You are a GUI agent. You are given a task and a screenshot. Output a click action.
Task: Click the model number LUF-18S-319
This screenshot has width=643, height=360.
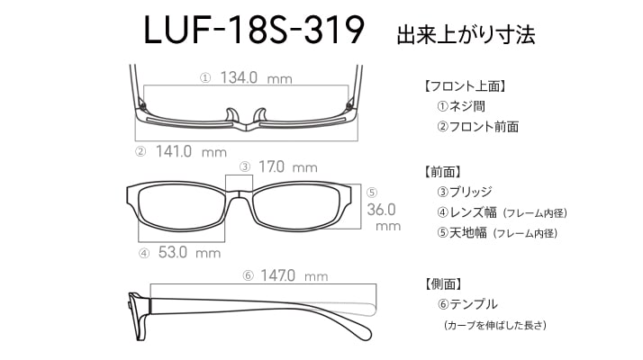pos(254,30)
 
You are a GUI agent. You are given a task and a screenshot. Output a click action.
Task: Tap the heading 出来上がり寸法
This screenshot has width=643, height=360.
pos(466,34)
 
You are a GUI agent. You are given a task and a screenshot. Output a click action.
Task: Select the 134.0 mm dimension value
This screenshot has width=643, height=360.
pos(257,77)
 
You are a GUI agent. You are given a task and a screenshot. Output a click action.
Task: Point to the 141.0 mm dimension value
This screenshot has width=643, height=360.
pos(191,152)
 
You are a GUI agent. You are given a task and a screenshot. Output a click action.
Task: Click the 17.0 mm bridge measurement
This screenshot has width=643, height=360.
pos(288,166)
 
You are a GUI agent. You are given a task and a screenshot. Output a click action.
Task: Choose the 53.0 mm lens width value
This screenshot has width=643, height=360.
pos(189,252)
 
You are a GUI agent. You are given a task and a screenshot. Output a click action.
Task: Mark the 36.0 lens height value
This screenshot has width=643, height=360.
pos(381,210)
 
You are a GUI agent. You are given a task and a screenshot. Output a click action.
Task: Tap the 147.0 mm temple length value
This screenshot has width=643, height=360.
pos(294,275)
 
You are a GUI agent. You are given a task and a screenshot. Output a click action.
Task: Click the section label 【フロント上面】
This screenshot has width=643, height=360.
pos(464,86)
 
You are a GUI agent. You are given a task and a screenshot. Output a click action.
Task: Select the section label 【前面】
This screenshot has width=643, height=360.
pos(441,172)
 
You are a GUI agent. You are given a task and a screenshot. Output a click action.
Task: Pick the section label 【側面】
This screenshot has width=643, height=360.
pos(442,283)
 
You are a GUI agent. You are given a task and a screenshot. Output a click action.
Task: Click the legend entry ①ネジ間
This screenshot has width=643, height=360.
pos(461,106)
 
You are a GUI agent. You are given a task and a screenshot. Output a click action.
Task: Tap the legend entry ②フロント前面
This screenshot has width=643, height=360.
pos(477,127)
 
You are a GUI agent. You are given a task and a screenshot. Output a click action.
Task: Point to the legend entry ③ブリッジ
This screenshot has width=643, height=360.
pos(465,192)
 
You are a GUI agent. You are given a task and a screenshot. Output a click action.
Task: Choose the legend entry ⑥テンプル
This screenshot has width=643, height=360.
pos(467,304)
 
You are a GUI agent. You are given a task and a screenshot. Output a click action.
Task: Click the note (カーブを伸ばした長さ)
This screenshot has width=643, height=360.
pos(495,325)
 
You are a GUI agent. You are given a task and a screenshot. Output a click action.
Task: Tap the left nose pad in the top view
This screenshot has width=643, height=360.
pos(231,115)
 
